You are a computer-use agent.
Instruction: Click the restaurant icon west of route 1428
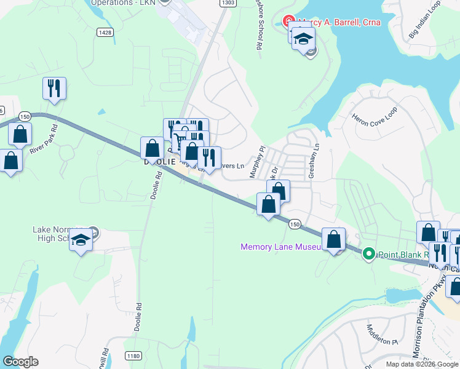click(54, 88)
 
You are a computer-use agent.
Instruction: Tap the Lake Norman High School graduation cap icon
click(80, 240)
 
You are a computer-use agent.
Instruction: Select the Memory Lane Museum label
click(280, 247)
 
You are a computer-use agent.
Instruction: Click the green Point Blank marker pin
click(368, 253)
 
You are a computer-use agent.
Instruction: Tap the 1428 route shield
click(105, 31)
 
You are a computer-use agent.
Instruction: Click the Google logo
click(20, 362)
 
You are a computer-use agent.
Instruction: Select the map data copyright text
click(422, 364)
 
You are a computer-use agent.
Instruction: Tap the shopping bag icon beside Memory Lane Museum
click(333, 239)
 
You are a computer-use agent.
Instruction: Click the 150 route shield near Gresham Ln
click(295, 225)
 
